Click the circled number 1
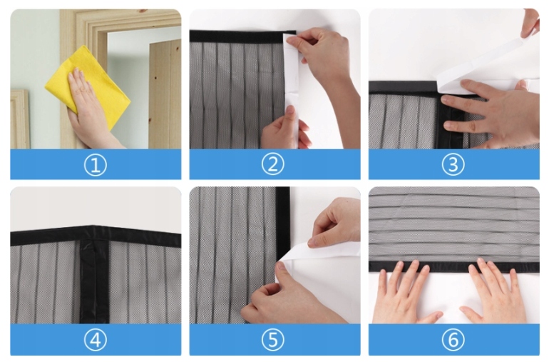(x=96, y=165)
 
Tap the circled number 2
(x=273, y=164)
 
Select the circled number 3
(x=453, y=164)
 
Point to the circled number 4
(x=96, y=340)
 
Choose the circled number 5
(x=273, y=340)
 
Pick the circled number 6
(x=453, y=340)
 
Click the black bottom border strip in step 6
(x=453, y=267)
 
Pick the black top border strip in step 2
(x=242, y=36)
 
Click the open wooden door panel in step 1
(x=165, y=94)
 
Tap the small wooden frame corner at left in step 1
(x=20, y=119)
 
